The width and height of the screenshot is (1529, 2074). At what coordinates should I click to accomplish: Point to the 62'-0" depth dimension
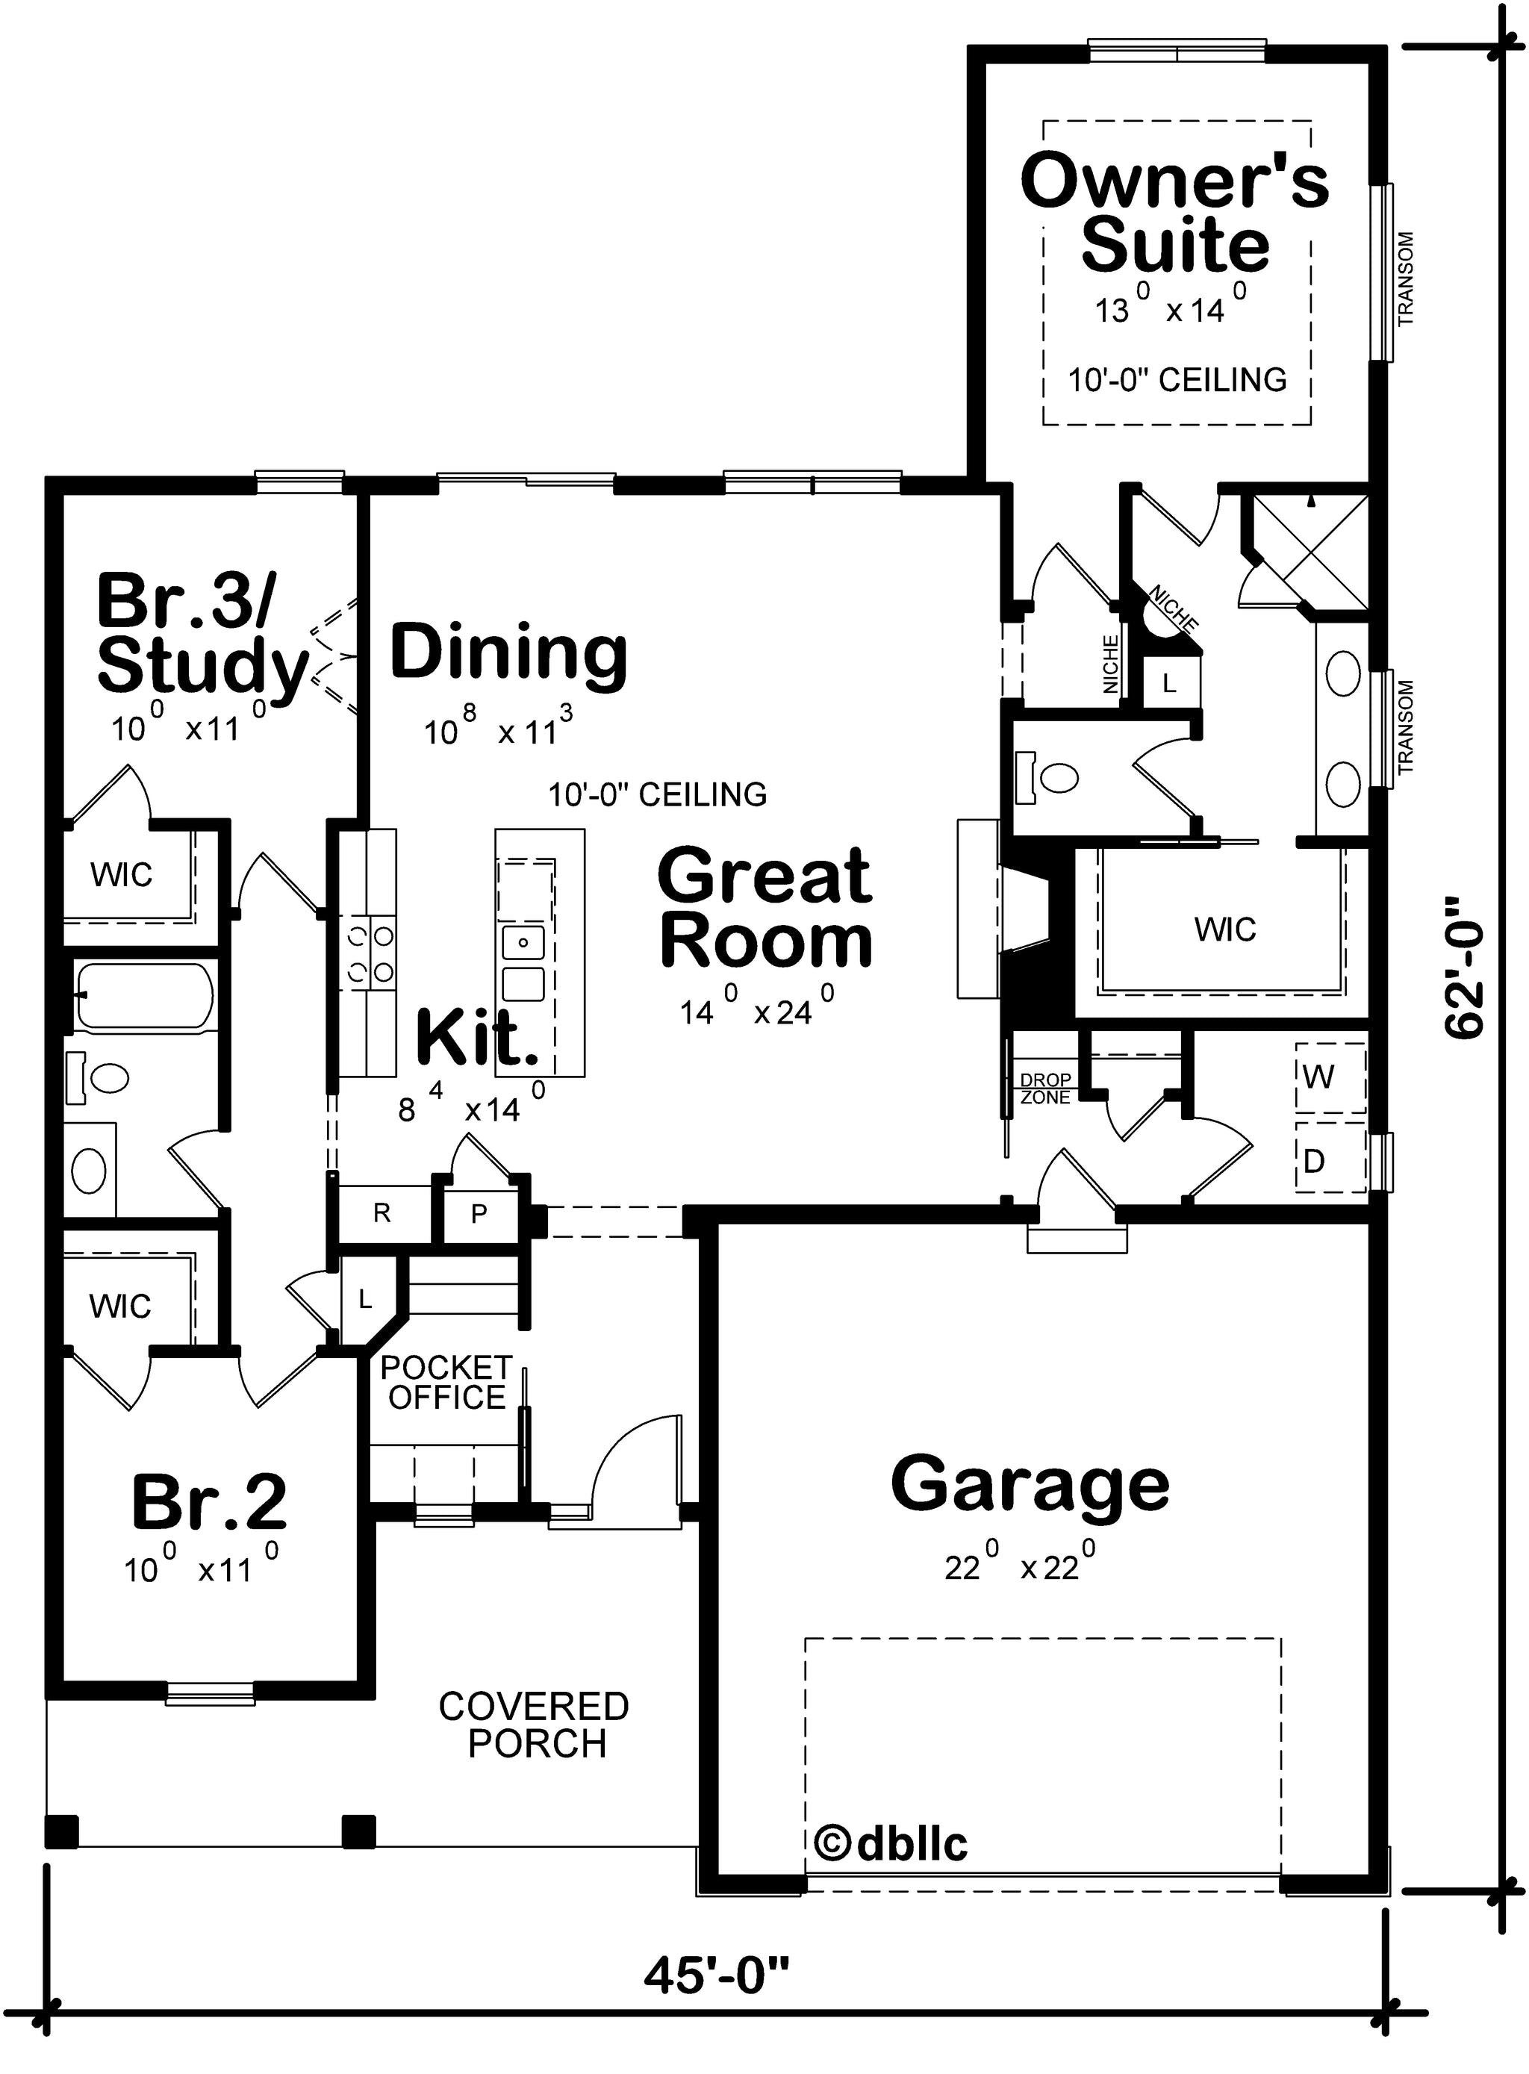point(1464,966)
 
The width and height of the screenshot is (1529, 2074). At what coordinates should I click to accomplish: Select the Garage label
point(1030,1483)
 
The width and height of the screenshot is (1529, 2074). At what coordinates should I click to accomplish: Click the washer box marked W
point(1330,1077)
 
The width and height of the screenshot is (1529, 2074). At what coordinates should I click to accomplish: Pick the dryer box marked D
point(1330,1157)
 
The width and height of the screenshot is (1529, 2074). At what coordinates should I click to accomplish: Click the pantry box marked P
point(479,1213)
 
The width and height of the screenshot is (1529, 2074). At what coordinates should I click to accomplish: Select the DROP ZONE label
point(1045,1089)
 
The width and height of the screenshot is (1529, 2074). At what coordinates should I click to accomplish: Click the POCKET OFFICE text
point(446,1382)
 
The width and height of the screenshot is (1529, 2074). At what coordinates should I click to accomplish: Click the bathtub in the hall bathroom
point(146,997)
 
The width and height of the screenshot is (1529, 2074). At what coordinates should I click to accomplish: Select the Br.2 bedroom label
point(209,1501)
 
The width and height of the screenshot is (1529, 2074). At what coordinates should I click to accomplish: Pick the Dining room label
point(509,653)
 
